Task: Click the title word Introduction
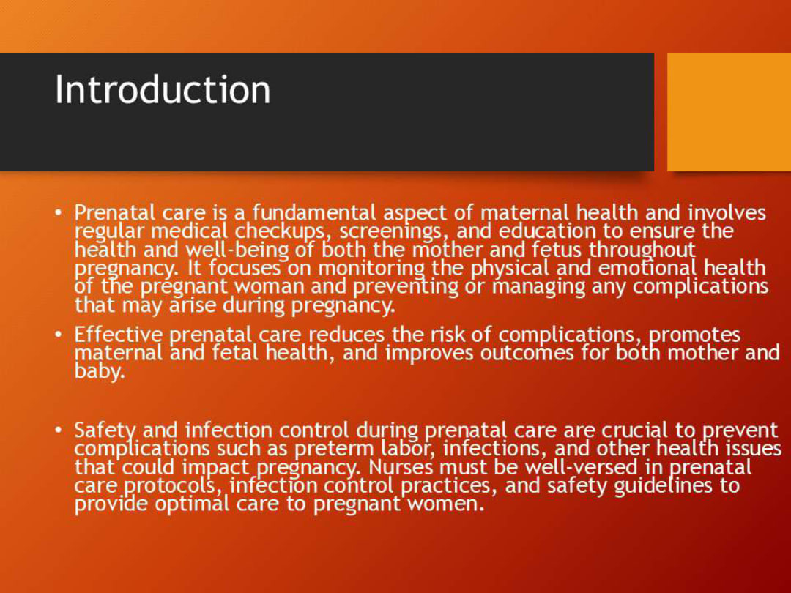tap(163, 90)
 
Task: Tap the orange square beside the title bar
tap(729, 111)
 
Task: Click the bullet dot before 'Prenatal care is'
tap(59, 213)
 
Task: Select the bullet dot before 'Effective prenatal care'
tap(59, 335)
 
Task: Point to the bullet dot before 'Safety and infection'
tap(59, 430)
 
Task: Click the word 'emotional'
tap(649, 268)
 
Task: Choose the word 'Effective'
tap(119, 335)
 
